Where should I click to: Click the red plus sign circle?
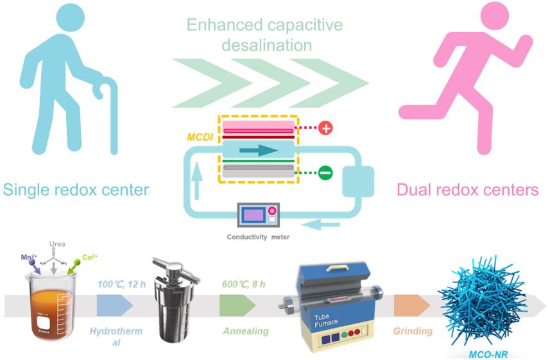325,128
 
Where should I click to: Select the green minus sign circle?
325,172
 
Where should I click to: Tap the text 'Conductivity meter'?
257,237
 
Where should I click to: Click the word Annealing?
245,331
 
